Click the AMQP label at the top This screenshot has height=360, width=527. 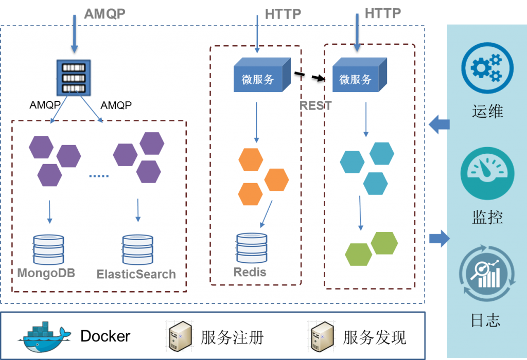tap(104, 13)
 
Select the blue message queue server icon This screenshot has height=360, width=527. tap(74, 78)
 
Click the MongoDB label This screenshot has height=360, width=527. tap(46, 273)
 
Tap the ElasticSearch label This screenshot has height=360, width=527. tap(136, 274)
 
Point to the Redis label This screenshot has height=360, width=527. tap(250, 272)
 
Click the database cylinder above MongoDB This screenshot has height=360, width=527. tap(48, 250)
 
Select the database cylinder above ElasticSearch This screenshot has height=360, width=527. tap(137, 250)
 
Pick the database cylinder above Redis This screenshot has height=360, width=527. tap(252, 248)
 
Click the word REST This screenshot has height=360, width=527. tap(315, 105)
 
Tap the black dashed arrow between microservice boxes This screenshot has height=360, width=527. tap(310, 77)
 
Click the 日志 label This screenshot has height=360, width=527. tap(486, 320)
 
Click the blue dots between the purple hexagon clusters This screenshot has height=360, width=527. tap(99, 176)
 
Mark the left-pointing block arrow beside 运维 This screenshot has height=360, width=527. tap(438, 124)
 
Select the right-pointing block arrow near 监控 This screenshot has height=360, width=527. tap(439, 238)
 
